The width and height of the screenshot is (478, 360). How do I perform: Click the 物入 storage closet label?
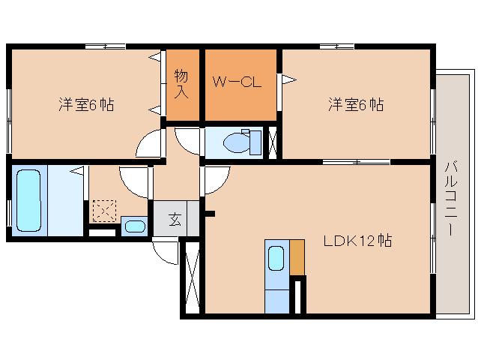pos(181,83)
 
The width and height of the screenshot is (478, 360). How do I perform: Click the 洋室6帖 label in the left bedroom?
pos(86,105)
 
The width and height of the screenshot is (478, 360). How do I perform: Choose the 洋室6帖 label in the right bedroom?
pos(355,105)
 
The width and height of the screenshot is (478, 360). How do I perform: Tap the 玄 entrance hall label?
pos(175,220)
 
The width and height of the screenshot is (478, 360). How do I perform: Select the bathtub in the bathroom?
pos(28,200)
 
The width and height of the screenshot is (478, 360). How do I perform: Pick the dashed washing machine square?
pos(103,211)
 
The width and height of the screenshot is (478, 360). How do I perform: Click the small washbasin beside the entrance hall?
pos(135,226)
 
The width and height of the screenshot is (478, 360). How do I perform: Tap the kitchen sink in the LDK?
pos(276,259)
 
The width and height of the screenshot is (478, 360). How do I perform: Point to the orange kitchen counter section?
pos(297,257)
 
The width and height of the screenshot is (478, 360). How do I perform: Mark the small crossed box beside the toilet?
pos(272,142)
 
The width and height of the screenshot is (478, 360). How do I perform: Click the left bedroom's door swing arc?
pos(151,143)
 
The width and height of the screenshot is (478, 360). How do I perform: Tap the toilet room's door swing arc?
pos(187,140)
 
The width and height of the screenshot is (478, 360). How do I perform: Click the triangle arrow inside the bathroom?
pos(77,171)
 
